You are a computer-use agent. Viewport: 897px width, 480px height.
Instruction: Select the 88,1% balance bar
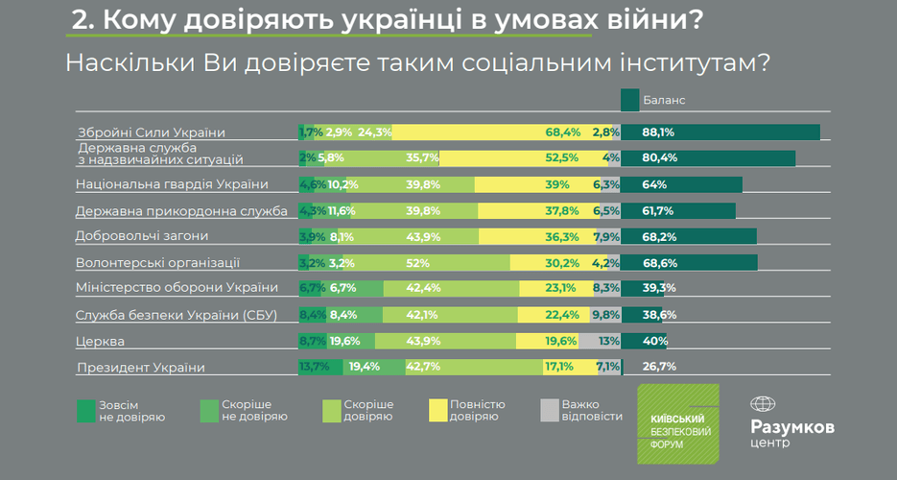720,132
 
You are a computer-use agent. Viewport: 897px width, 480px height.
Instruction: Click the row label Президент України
141,367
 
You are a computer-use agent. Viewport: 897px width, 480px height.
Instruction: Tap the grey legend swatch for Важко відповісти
549,410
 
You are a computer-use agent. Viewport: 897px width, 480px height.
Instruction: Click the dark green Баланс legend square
630,100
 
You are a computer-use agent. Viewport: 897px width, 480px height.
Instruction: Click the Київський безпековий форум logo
677,423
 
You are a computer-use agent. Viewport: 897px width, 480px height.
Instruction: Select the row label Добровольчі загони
141,236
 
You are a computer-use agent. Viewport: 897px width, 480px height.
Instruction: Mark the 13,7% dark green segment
315,367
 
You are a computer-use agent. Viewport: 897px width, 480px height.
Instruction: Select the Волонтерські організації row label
157,262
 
